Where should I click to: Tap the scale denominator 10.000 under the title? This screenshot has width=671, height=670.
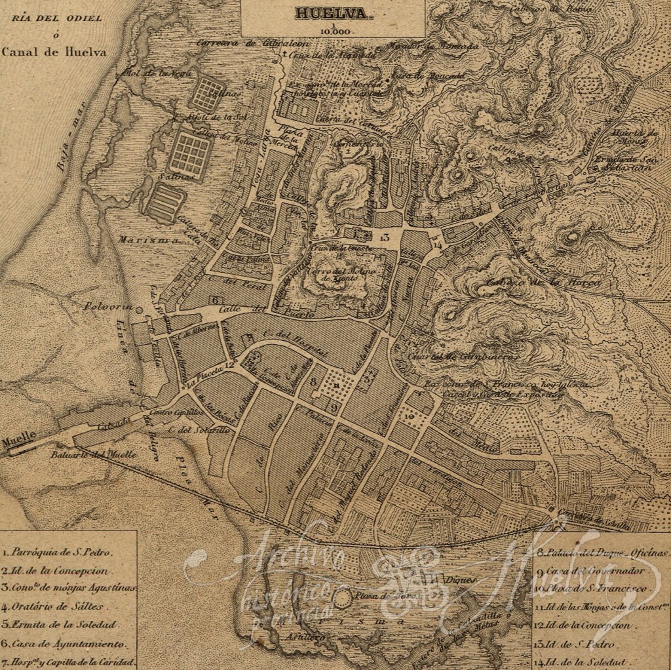[x=334, y=30]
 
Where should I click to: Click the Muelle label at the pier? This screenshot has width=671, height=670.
[x=14, y=441]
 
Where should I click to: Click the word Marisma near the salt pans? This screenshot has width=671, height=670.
[x=140, y=239]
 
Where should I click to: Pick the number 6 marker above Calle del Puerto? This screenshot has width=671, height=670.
[x=215, y=299]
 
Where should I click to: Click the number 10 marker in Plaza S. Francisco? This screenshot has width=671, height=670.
[x=409, y=415]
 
